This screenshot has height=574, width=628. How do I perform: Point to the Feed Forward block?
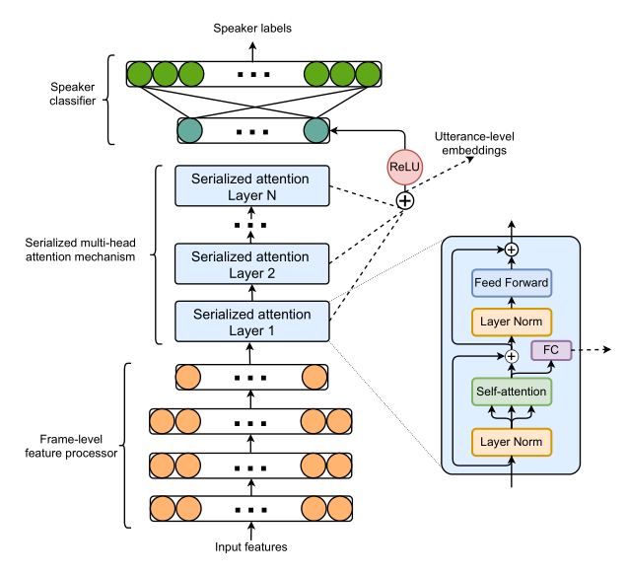[511, 284]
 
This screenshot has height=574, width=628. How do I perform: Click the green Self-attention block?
[511, 394]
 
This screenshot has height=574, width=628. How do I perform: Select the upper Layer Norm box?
[511, 322]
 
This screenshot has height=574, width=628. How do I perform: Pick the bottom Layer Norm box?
[511, 441]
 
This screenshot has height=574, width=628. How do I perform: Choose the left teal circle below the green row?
[189, 130]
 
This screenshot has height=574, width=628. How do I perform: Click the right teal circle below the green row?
[315, 130]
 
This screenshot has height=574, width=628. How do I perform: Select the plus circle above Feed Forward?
[511, 251]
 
